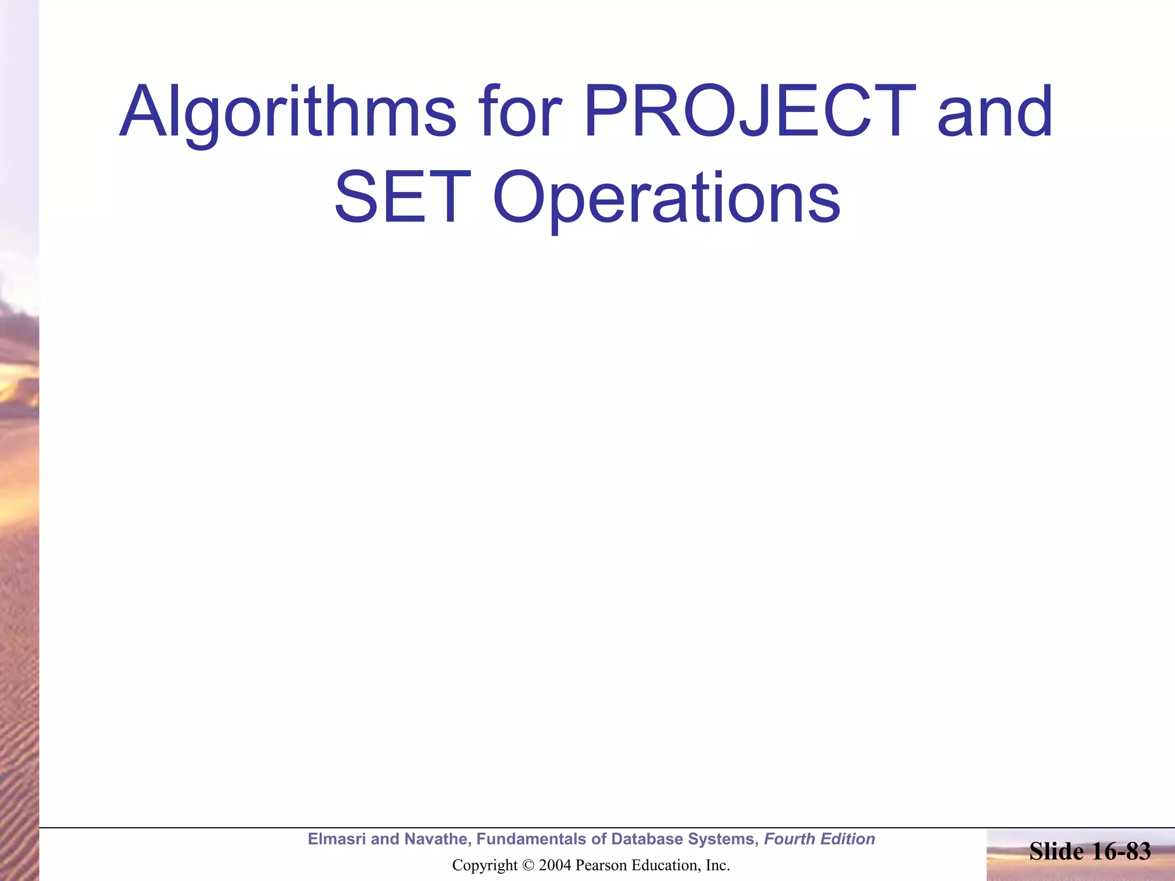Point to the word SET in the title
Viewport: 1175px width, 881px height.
[x=399, y=198]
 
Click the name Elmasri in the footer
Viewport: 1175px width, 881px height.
[x=337, y=839]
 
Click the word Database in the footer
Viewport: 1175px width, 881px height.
[x=647, y=839]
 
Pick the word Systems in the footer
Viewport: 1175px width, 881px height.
[x=723, y=839]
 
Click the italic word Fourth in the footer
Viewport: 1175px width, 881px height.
[x=789, y=839]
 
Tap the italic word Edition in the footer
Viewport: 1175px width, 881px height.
[x=847, y=839]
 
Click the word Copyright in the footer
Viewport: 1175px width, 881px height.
[x=485, y=866]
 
